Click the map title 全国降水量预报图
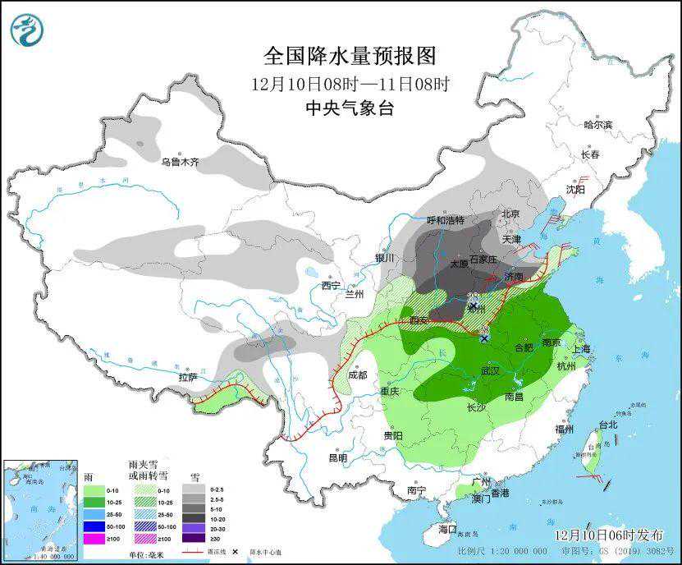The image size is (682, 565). point(350,56)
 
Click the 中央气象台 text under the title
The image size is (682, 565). point(350,108)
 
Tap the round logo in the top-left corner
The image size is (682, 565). point(26,30)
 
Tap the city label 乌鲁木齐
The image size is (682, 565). point(180,163)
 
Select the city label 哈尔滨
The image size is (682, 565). point(597,125)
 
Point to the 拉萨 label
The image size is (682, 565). point(187,378)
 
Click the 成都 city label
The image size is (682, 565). point(357,374)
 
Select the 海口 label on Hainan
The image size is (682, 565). point(446,530)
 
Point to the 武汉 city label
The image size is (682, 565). point(490,371)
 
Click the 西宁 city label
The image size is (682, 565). point(331,286)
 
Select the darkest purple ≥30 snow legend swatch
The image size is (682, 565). point(194,540)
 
